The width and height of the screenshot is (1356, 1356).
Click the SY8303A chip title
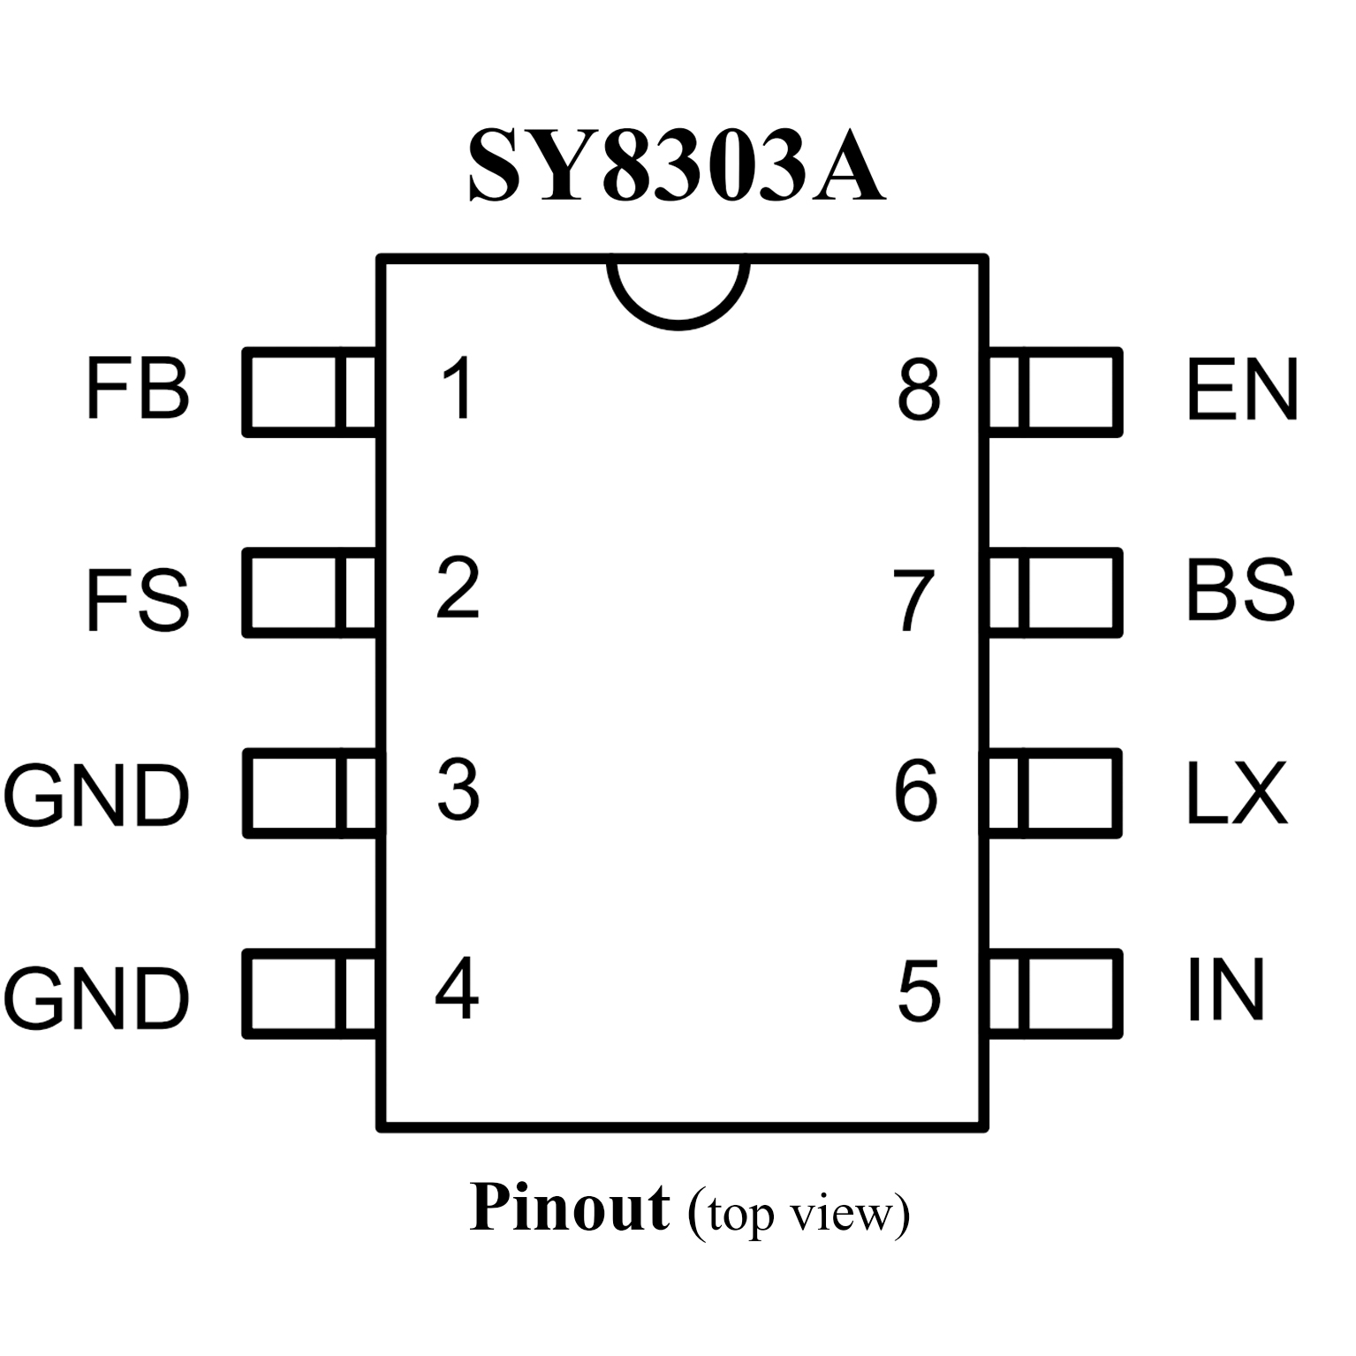point(676,166)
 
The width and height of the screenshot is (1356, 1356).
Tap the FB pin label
point(138,389)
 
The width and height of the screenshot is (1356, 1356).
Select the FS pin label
point(138,601)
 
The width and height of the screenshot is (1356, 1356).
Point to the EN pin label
point(1241,389)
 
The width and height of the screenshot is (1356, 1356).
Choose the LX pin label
point(1235,792)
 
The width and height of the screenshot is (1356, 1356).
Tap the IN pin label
point(1225,989)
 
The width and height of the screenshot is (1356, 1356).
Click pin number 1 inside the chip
point(458,389)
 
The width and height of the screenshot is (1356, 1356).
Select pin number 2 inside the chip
point(458,588)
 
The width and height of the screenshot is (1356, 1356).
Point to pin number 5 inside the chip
point(919,991)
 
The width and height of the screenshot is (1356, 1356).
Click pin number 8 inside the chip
point(919,390)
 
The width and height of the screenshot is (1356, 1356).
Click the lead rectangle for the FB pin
point(309,392)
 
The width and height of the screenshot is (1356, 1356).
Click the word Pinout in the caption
point(569,1208)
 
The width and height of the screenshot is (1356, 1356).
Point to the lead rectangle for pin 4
point(309,993)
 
